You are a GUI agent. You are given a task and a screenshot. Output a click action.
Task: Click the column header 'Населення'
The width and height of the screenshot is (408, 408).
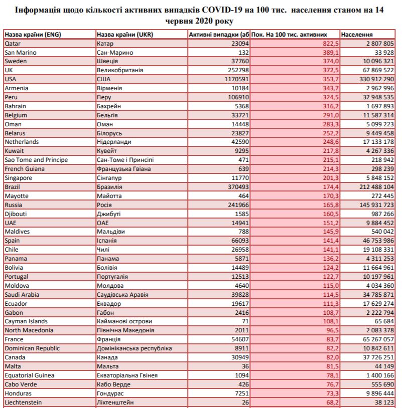click(x=357, y=35)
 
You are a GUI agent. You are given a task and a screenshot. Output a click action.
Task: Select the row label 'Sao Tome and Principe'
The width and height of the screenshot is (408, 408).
click(x=36, y=160)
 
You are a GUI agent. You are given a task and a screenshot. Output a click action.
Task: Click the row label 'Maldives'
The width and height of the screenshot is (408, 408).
click(x=17, y=232)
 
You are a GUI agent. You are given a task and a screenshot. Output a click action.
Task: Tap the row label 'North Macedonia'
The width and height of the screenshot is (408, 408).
click(x=29, y=330)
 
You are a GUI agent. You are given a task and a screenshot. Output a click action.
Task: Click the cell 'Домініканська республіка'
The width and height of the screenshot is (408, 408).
click(x=134, y=348)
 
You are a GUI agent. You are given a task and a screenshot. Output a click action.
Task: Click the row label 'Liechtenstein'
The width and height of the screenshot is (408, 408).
click(x=23, y=402)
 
